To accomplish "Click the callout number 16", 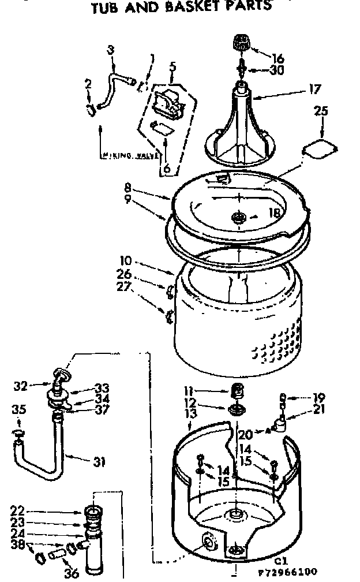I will [x=279, y=58].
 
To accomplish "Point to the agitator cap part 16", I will [x=241, y=43].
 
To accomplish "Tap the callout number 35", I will [x=19, y=410].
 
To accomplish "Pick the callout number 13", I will [x=192, y=413].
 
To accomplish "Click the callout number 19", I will [x=318, y=397].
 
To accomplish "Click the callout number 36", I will [x=71, y=573].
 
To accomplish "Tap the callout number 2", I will [x=88, y=84].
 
